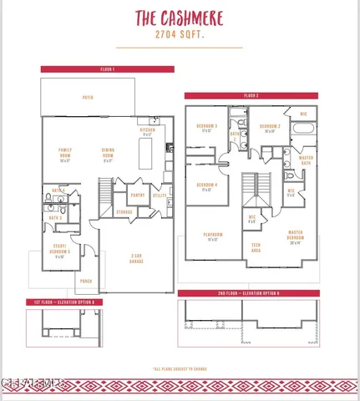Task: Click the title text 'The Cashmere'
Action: (x=180, y=19)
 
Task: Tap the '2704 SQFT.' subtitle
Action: (x=180, y=37)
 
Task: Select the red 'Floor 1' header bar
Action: (x=108, y=69)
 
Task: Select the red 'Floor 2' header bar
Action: (x=251, y=96)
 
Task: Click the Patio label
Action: (x=87, y=99)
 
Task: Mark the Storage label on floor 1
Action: (x=124, y=212)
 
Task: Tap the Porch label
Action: (x=85, y=282)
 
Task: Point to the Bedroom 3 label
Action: (x=206, y=128)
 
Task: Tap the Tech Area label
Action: (x=256, y=247)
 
